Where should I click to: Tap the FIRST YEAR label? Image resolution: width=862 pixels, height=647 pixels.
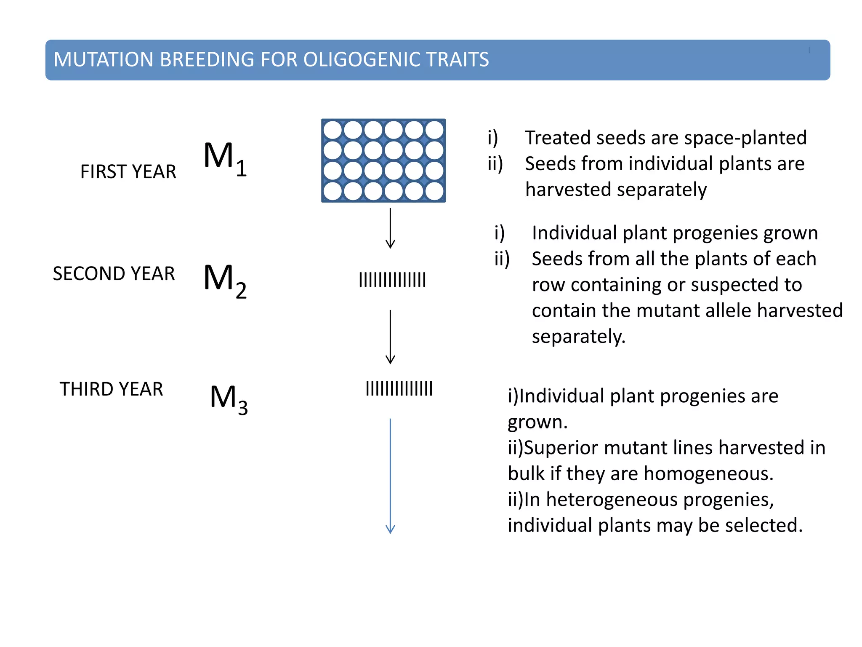tap(128, 172)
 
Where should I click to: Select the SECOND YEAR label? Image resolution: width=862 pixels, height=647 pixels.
tap(114, 274)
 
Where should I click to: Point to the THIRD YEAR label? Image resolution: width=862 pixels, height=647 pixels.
tap(111, 389)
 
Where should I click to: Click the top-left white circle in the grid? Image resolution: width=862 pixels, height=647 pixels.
tap(333, 130)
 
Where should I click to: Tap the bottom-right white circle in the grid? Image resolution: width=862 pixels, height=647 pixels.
tap(434, 191)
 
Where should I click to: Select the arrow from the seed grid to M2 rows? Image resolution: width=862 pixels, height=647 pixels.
tap(390, 228)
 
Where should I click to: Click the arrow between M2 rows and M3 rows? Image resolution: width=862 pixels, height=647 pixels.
tap(390, 337)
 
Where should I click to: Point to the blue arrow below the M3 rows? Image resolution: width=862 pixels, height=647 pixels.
tap(390, 476)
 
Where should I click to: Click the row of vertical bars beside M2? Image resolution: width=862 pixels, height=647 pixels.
tap(392, 280)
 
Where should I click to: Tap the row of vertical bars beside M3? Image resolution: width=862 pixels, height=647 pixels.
tap(399, 389)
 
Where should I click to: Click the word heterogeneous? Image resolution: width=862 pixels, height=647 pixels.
tap(612, 500)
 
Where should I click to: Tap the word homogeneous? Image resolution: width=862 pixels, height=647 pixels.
tap(708, 474)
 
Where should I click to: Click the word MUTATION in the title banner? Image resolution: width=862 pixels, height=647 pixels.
tap(103, 59)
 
